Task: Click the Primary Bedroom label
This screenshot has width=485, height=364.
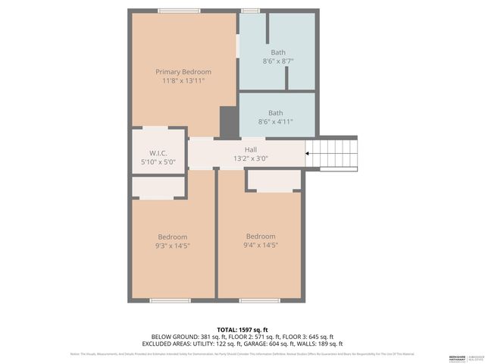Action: (x=183, y=71)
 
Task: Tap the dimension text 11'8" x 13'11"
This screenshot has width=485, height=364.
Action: (x=183, y=80)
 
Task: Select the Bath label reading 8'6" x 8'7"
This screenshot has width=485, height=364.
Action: (x=277, y=52)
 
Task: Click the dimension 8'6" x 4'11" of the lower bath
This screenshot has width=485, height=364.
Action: (x=276, y=121)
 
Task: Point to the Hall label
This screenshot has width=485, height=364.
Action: (x=251, y=149)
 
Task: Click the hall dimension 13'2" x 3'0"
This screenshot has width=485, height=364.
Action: (x=251, y=158)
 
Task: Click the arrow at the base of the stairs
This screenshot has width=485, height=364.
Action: (x=307, y=154)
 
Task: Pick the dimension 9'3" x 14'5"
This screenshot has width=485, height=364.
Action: (x=173, y=246)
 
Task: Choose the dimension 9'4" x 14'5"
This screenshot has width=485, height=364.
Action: (x=261, y=245)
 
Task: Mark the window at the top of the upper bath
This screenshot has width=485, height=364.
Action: (x=251, y=11)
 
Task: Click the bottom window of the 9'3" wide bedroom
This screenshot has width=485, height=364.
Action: (x=170, y=300)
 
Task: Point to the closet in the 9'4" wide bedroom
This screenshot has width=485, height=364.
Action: (x=274, y=180)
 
